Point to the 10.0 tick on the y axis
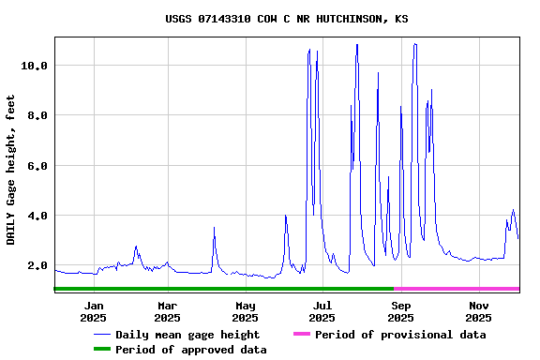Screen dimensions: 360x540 [x=35, y=66]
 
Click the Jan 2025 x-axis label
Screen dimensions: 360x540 [x=94, y=311]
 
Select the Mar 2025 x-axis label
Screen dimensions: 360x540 [x=167, y=311]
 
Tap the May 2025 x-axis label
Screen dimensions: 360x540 [x=245, y=311]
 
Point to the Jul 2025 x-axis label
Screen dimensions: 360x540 [x=322, y=311]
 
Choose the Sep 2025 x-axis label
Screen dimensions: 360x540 [x=400, y=311]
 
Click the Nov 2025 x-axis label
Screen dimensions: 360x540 [x=478, y=311]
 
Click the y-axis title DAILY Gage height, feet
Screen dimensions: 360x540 [x=12, y=170]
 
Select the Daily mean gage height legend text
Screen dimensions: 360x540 [x=187, y=335]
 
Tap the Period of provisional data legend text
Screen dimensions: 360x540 [x=400, y=335]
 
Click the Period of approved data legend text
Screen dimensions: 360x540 [x=191, y=350]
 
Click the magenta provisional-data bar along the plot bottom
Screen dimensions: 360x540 [x=457, y=289]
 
